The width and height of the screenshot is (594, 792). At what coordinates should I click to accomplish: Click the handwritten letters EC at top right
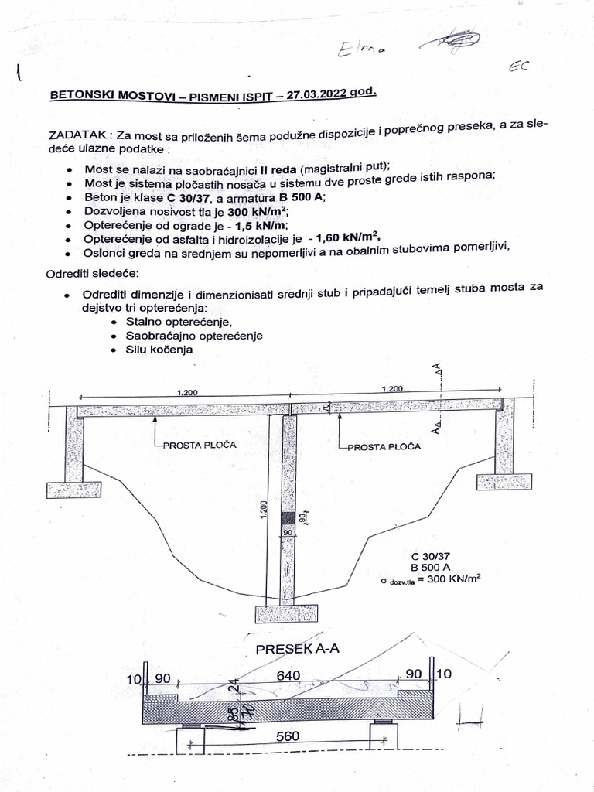point(519,67)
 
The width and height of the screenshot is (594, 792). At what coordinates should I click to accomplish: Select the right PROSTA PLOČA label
point(384,446)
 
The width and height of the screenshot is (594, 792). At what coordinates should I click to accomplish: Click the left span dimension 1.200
point(186,393)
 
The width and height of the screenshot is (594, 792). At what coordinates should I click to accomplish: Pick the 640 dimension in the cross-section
point(288,676)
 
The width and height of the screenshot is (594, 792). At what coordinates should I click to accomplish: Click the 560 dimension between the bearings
point(288,736)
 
